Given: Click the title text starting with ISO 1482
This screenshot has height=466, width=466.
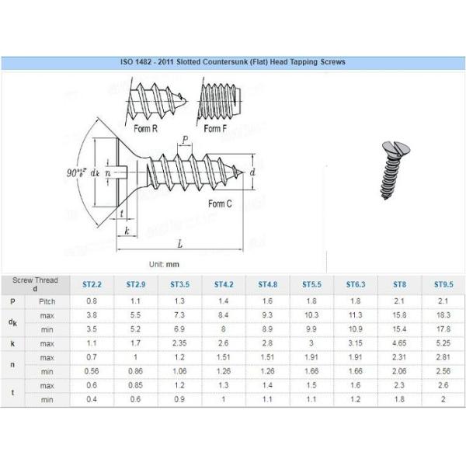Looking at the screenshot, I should [x=233, y=61].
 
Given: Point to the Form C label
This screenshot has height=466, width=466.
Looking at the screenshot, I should [x=220, y=203].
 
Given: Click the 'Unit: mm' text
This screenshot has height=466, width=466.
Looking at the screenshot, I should [x=169, y=264].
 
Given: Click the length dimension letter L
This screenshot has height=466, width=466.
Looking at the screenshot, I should [x=180, y=244].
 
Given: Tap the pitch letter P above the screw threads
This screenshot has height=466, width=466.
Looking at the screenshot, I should [x=185, y=140].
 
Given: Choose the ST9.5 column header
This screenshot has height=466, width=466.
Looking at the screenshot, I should [x=443, y=285].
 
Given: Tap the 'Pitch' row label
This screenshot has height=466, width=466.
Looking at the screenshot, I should [x=47, y=301].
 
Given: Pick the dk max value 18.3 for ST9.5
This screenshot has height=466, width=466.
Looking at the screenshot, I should [x=443, y=315].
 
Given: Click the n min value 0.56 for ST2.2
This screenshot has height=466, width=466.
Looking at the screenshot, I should [x=92, y=371].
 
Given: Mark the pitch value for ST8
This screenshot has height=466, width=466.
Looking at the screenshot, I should [x=399, y=301].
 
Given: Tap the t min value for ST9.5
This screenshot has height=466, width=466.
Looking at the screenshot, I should [x=443, y=399].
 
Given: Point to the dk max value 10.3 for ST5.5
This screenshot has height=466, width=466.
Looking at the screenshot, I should [x=311, y=315].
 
